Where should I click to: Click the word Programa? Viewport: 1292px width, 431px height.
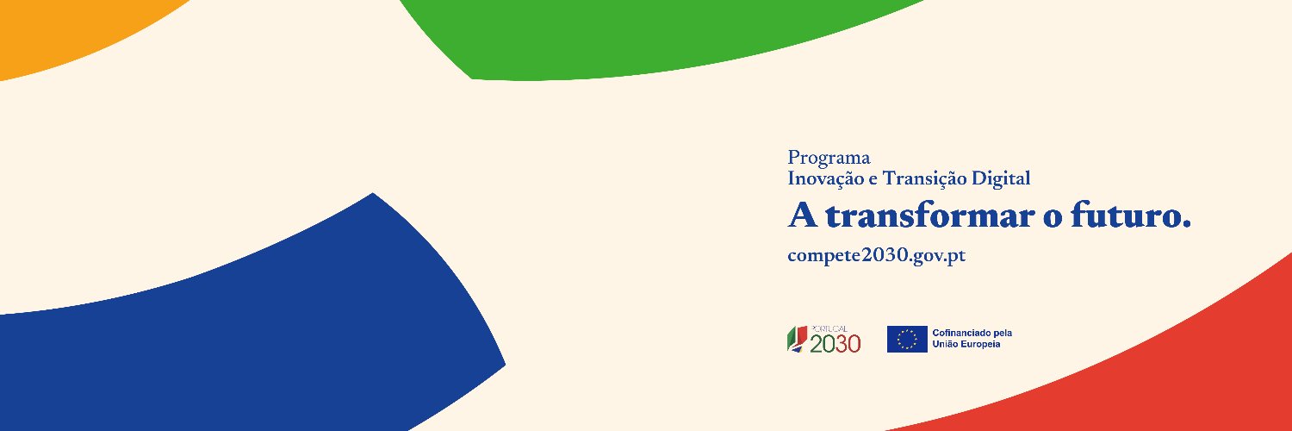(x=829, y=158)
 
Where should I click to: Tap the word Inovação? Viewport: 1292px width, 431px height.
(x=826, y=178)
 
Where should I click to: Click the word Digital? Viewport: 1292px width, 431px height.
(x=1001, y=178)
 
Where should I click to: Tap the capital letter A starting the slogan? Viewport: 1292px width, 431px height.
(x=803, y=215)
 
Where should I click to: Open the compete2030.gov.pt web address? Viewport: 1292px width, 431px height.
(x=877, y=256)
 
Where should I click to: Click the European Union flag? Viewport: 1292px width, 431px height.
(x=907, y=340)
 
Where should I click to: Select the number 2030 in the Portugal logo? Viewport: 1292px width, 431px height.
(x=835, y=344)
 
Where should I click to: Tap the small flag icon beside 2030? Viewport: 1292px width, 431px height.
(x=797, y=340)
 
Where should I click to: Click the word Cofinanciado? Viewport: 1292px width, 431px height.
(x=958, y=333)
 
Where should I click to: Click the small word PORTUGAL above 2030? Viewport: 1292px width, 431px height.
(x=829, y=329)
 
